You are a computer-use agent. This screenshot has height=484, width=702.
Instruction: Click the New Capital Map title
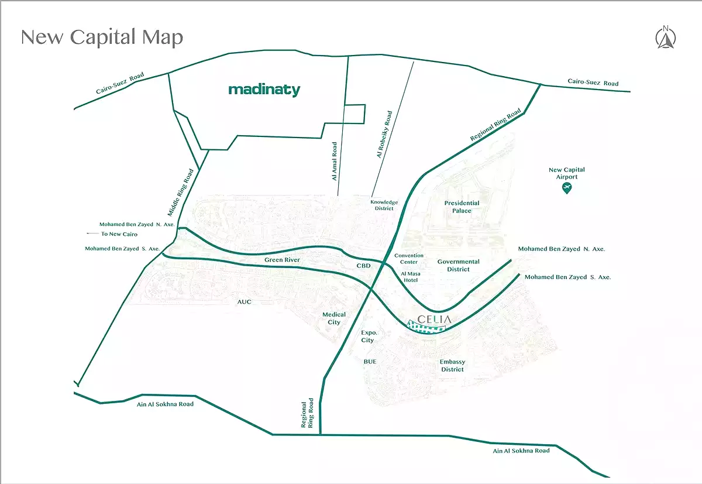pos(102,37)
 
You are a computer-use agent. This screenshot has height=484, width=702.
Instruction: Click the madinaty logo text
pos(264,90)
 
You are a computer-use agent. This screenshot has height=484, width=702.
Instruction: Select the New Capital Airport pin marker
pos(566,188)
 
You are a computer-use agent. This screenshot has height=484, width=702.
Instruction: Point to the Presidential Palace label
pos(462,207)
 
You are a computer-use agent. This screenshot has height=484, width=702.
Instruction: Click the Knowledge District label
pos(383,205)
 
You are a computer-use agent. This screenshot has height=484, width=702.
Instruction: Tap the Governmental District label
pos(458,265)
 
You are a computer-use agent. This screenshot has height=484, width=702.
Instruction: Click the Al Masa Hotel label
pos(409,277)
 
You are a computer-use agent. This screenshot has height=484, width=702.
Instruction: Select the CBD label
pos(364,266)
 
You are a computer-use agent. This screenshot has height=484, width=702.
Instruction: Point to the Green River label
pos(282,260)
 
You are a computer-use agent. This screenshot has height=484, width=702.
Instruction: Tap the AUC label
pos(244,302)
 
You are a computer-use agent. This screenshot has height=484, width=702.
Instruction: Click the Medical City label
pos(334,318)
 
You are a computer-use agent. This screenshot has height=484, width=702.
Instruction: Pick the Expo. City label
pos(367,336)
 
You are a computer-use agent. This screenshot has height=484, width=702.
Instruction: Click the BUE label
pos(370,362)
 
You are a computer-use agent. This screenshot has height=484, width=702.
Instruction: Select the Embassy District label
pos(452,366)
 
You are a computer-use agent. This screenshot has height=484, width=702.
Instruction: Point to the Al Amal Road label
pos(335,161)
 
